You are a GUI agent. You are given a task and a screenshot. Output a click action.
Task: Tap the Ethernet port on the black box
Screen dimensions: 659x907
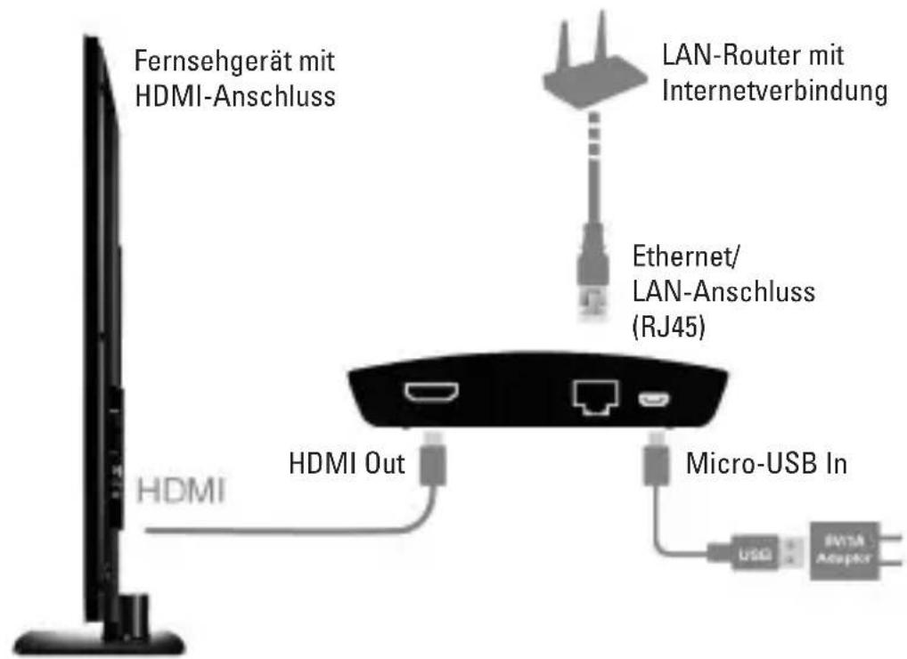pyautogui.click(x=592, y=395)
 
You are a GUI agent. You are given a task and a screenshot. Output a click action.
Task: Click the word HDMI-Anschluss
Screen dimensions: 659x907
pyautogui.click(x=234, y=97)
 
